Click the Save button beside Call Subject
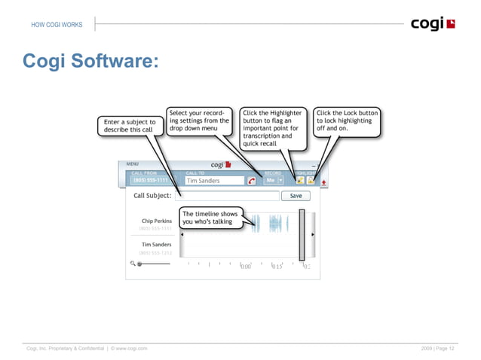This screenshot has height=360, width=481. (296, 195)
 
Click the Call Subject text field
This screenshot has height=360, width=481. (226, 196)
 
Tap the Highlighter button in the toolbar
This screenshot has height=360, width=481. (300, 181)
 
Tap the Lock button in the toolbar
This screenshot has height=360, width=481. (311, 181)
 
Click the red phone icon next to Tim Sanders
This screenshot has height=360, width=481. (251, 181)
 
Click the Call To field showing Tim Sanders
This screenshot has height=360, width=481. (213, 181)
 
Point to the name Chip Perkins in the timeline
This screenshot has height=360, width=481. (155, 221)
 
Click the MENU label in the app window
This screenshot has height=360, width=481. (133, 163)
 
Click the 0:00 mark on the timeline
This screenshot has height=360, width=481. (246, 266)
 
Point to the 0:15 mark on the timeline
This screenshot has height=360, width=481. (277, 266)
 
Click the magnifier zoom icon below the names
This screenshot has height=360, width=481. (132, 264)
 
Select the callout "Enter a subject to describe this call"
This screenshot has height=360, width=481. (129, 125)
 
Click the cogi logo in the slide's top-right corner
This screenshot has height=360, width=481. (433, 24)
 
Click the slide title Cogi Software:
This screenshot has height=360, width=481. (90, 60)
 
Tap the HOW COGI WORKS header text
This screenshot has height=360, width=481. (57, 25)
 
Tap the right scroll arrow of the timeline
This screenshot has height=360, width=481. (313, 234)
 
